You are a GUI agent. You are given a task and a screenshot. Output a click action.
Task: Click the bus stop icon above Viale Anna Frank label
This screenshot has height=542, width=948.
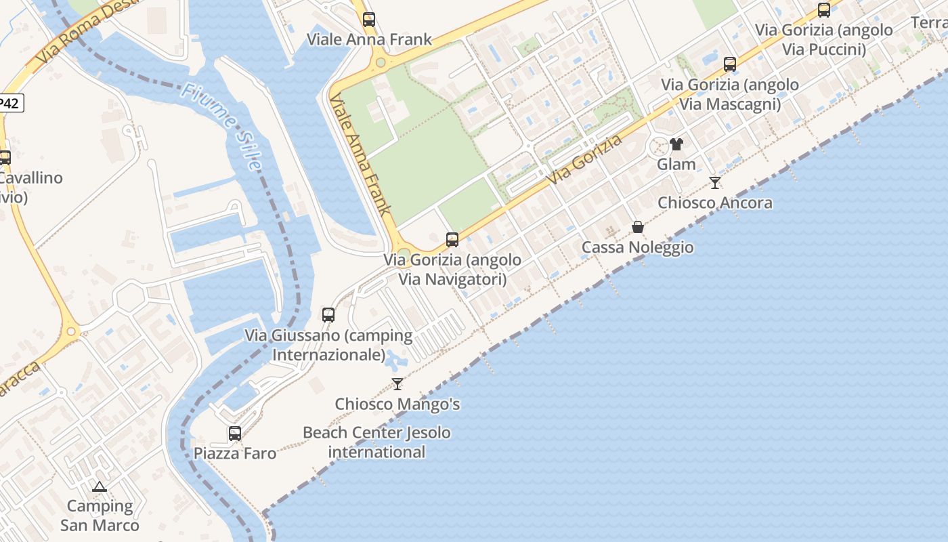[368, 20]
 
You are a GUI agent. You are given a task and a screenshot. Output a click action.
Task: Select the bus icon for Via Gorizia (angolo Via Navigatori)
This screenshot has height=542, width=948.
[452, 240]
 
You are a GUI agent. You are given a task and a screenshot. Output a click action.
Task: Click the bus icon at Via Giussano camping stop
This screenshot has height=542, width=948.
[328, 314]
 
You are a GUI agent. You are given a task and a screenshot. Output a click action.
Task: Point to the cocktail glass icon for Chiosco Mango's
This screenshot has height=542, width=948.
[397, 384]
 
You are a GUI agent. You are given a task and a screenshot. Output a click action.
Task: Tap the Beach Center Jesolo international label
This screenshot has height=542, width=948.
[376, 442]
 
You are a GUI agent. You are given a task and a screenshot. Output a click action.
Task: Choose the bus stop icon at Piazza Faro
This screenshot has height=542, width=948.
[235, 434]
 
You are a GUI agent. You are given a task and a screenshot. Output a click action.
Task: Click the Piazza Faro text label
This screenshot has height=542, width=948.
[235, 453]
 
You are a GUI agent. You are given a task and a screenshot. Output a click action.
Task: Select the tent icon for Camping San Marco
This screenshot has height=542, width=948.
[100, 486]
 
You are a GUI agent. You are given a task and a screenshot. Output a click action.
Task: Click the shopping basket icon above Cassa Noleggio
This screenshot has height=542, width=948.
[638, 227]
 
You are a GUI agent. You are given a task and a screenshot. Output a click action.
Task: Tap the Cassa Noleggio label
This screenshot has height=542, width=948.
[638, 247]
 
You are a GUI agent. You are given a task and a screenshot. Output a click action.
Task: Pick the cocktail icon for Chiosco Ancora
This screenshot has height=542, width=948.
[715, 182]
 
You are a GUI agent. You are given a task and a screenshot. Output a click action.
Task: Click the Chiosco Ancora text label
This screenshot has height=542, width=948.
[715, 203]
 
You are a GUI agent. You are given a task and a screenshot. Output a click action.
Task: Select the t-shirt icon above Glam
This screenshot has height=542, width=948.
[676, 144]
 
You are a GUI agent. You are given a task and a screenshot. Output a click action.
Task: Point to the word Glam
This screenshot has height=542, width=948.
[676, 164]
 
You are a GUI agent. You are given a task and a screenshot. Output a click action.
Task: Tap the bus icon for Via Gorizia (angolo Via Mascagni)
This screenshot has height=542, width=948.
[730, 64]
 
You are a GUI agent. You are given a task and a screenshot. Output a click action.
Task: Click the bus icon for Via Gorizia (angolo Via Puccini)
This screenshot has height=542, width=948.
[824, 10]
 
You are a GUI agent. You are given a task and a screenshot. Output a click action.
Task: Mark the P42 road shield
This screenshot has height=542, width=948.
[10, 103]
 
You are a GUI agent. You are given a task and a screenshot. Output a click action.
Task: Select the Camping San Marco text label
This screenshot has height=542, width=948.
[100, 516]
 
